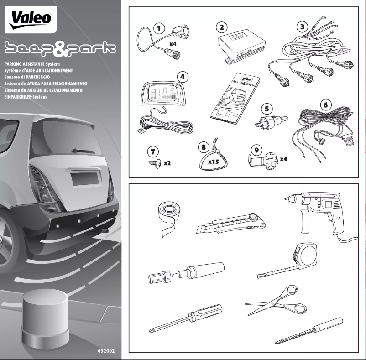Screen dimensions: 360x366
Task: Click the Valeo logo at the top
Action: [31, 20]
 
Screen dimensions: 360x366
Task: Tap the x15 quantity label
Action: [214, 162]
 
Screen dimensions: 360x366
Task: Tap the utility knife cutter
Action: [230, 223]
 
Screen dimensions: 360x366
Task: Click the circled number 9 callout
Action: [257, 149]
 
